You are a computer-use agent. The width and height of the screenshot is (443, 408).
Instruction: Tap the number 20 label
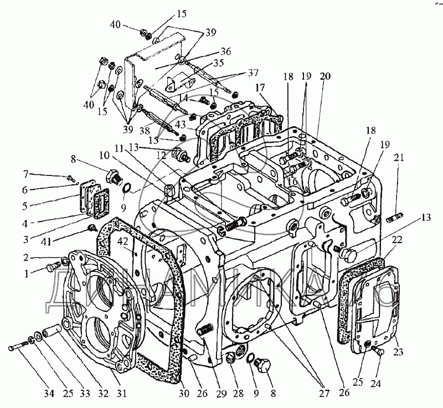(x=324, y=77)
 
